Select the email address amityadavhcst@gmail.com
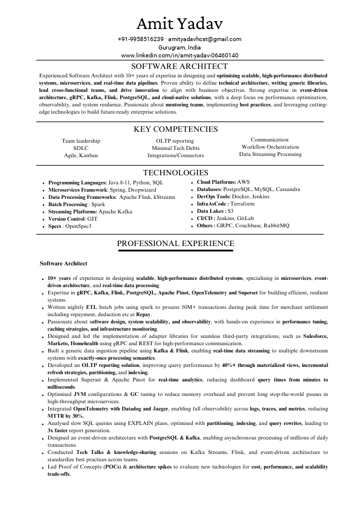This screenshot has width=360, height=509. tap(205, 39)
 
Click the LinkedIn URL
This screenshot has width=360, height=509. tap(179, 55)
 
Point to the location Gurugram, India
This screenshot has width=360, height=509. tap(179, 47)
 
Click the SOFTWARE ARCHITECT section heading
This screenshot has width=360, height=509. tap(179, 66)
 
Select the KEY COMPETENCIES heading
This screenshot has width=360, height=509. tap(179, 129)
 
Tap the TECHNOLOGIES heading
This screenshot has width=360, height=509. tap(179, 172)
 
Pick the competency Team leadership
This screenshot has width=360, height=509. tap(81, 140)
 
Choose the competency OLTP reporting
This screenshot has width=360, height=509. tap(175, 140)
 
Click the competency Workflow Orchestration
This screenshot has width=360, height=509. tap(270, 147)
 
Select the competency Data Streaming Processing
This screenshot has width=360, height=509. tap(270, 154)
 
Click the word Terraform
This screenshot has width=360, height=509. tap(242, 204)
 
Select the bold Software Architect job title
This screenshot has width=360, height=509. tap(63, 264)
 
